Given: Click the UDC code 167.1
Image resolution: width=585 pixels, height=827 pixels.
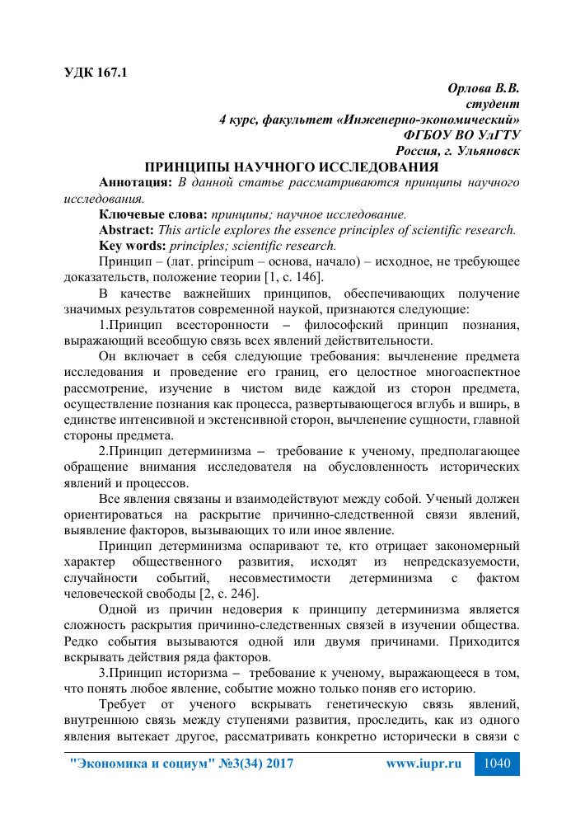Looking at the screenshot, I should (110, 72).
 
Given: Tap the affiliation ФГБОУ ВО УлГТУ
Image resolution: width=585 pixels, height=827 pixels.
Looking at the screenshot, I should (461, 134).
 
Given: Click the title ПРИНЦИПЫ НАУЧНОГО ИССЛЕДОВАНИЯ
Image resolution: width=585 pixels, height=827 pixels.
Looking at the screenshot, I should (292, 167).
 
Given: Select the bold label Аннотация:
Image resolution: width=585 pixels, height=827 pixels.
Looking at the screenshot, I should (135, 182).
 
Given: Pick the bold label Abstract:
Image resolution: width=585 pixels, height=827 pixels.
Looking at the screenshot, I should (126, 229).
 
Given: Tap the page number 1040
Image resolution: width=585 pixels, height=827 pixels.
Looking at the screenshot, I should (498, 764).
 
